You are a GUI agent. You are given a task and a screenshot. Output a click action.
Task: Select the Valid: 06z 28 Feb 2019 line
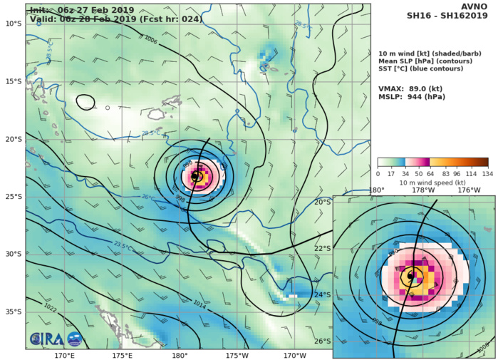tap(114, 19)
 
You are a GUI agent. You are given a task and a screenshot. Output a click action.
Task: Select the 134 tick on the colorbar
tap(487, 173)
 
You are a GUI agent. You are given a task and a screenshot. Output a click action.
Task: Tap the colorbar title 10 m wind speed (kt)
tap(432, 182)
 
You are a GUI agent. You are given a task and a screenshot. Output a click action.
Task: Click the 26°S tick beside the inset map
tap(323, 341)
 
